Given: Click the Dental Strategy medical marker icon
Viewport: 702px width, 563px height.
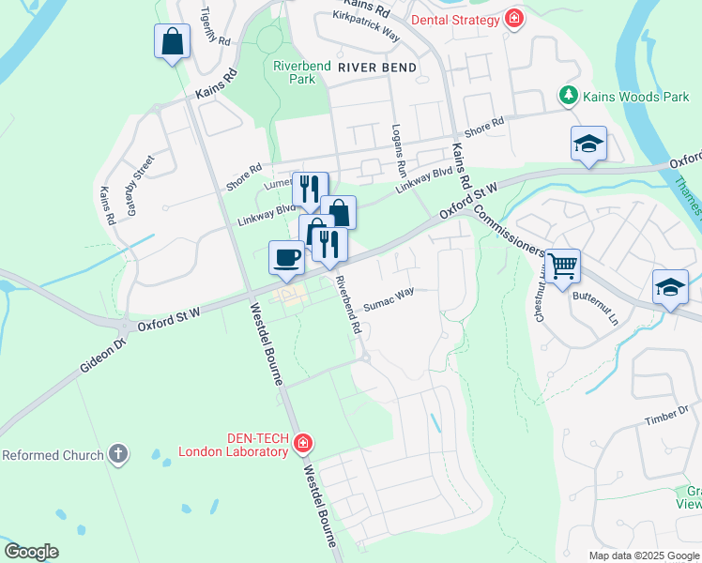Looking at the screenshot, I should [513, 19].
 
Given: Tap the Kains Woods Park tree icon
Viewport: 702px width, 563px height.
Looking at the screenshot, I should [568, 95].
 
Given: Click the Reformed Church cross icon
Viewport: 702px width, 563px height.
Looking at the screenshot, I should [117, 455].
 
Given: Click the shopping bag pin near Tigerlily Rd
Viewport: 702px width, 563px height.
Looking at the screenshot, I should [172, 41].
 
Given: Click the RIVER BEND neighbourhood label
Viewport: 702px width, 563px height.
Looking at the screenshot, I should [376, 68].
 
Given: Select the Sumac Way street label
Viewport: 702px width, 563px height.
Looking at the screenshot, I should [389, 299].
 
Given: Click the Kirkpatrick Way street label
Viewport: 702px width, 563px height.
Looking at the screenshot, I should [366, 27].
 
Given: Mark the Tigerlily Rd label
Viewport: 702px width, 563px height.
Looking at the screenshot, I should [215, 27].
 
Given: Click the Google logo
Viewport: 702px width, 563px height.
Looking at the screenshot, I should [31, 552].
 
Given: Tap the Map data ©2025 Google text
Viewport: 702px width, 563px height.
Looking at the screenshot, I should [643, 555].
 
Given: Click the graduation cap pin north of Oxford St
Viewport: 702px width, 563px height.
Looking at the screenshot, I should [588, 144].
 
